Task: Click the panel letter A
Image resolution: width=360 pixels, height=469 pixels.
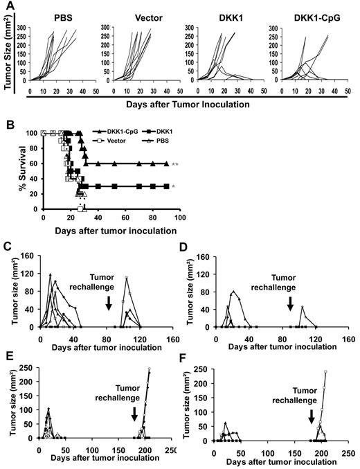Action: pyautogui.click(x=6, y=6)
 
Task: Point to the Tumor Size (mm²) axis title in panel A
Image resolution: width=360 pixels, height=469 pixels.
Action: pyautogui.click(x=8, y=55)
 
